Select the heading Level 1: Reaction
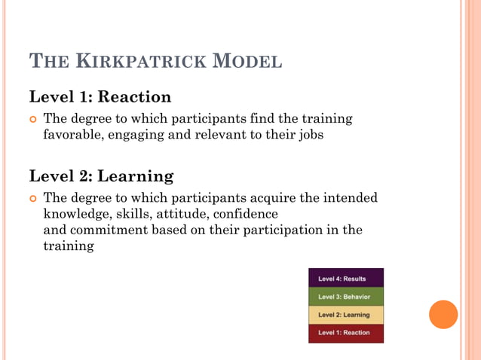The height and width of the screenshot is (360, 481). tap(100, 97)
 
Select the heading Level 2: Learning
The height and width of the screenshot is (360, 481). tap(101, 176)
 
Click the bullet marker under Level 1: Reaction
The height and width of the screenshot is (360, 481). tap(32, 119)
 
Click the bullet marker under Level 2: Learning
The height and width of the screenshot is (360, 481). tap(32, 198)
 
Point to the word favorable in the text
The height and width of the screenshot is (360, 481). tap(73, 136)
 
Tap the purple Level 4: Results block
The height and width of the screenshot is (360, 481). tap(346, 278)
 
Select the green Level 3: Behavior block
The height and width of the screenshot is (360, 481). tap(346, 297)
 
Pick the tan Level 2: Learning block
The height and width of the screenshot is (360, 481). tap(346, 315)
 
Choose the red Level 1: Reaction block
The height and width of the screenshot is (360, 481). tap(346, 333)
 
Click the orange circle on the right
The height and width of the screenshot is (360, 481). tap(443, 314)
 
